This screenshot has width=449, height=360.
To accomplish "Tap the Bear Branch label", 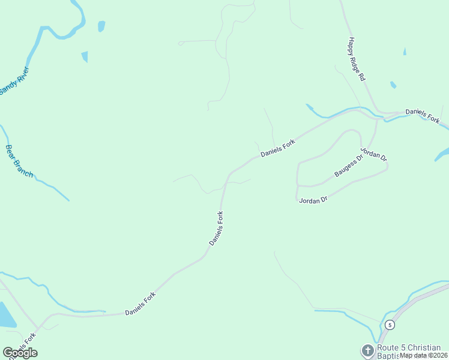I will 19,160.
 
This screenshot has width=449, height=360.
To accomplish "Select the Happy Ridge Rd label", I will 356,59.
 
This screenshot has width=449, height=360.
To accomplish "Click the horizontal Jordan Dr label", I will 312,199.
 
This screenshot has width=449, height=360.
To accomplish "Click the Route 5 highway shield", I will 390,325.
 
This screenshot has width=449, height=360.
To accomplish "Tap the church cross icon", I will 367,349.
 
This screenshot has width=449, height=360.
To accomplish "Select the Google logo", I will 20,353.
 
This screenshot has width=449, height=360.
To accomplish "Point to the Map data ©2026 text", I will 424,355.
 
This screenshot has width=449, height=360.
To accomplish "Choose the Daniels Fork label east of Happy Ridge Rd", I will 422,116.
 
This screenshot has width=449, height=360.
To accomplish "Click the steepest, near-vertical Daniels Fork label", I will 217,227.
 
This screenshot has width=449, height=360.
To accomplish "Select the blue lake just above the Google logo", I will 6,316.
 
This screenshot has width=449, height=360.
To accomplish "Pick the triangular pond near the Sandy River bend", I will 85,56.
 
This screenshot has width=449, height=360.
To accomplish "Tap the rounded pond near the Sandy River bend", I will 101,26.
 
